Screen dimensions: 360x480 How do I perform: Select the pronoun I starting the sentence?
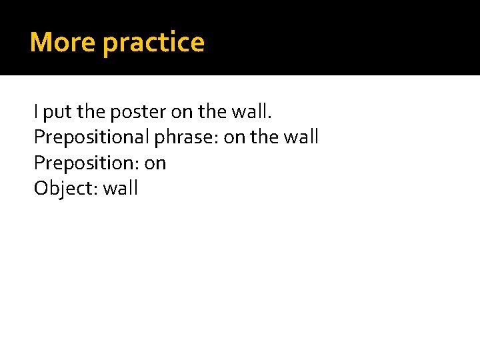(x=36, y=112)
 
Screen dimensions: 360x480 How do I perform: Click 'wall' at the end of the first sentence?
(x=251, y=112)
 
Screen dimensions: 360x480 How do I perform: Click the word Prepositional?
(x=91, y=138)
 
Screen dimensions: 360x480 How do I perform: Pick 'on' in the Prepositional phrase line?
(x=235, y=138)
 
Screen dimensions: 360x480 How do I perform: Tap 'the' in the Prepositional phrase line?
(x=265, y=137)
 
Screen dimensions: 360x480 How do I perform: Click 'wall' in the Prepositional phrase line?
(x=302, y=137)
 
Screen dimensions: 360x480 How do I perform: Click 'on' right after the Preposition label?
(x=155, y=163)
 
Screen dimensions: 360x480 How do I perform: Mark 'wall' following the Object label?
(x=121, y=188)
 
